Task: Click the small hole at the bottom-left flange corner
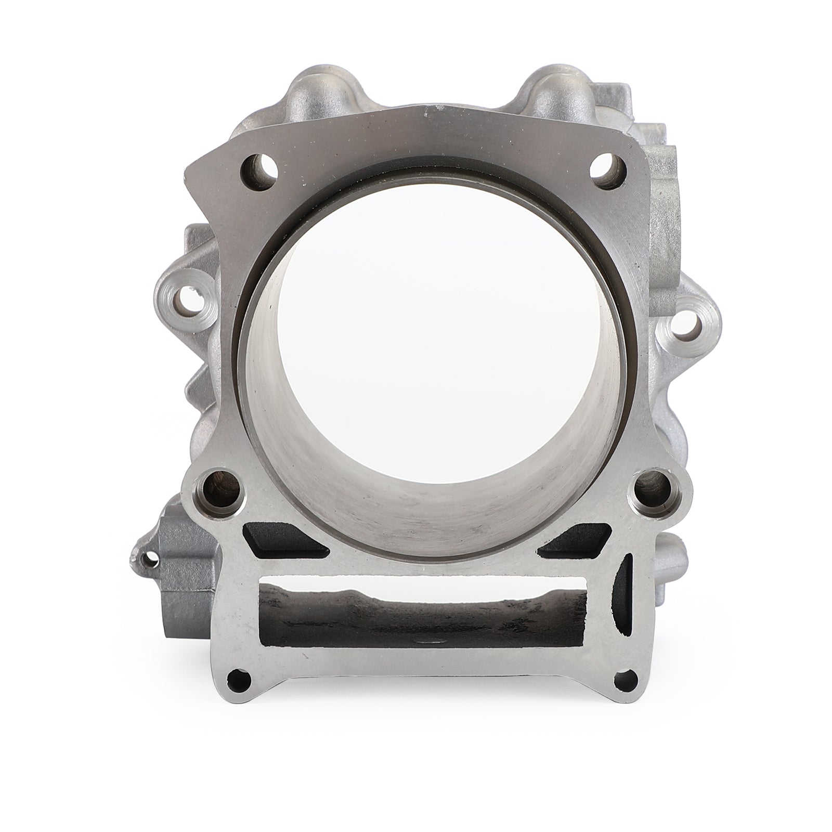(x=239, y=678)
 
